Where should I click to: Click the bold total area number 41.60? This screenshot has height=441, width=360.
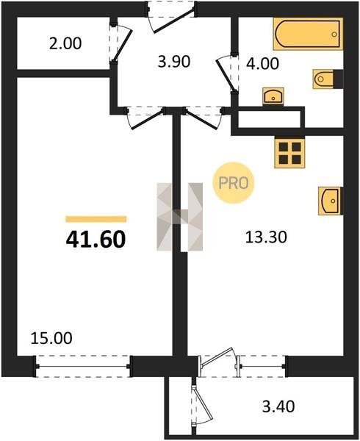pos(96,240)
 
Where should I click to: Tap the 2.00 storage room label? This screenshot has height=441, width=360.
pos(65,44)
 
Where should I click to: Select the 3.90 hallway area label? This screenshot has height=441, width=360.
pos(174,62)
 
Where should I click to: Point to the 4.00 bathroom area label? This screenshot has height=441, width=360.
pos(262,63)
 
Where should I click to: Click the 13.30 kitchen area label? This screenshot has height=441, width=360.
pos(266,237)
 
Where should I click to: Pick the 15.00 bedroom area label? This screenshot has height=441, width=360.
pos(51,338)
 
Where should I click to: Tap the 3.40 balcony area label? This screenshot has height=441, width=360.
pos(278,406)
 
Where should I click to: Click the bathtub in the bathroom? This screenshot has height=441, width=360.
pos(308,34)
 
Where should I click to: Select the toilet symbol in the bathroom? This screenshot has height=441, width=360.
pos(323,79)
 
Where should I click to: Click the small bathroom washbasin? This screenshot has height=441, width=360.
pos(273,96)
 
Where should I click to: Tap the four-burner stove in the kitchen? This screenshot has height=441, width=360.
pos(289,153)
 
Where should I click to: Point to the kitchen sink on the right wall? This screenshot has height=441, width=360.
pos(329,201)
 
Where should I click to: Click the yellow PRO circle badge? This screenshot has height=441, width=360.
pos(233,183)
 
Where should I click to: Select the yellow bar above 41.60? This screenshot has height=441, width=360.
pos(96,219)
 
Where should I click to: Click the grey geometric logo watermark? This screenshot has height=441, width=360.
pos(179,217)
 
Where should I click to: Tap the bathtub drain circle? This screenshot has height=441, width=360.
pos(334,35)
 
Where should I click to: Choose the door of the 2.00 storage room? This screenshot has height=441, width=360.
pos(120,43)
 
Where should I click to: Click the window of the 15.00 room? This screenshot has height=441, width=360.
pos(83,366)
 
